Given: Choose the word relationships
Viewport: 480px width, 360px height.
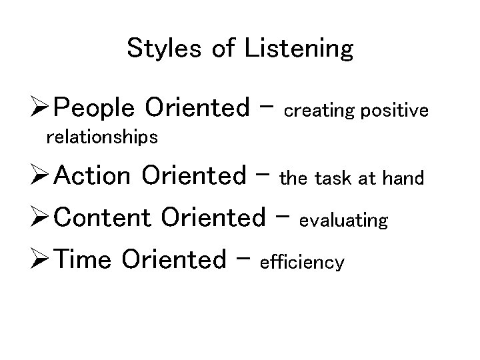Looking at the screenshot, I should (x=101, y=137).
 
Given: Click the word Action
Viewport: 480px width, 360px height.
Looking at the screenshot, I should (x=93, y=176).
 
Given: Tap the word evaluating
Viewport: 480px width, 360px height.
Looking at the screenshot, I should (x=344, y=221).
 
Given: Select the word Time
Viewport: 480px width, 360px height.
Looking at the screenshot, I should (x=83, y=260).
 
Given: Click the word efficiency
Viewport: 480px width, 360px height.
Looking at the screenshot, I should (x=303, y=263).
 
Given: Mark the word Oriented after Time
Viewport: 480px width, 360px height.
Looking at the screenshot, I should (x=175, y=260).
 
